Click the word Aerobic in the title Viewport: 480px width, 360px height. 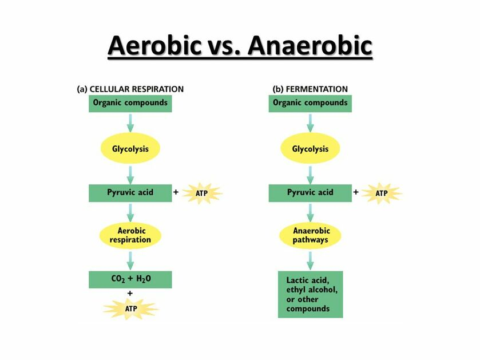pos(154,46)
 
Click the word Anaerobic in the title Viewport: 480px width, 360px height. pos(310,46)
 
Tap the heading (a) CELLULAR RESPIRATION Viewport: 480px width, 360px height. pos(130,89)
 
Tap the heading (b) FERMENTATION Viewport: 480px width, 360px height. pos(310,89)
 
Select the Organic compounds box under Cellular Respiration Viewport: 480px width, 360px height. pos(130,104)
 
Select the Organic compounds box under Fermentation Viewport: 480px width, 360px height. pos(310,104)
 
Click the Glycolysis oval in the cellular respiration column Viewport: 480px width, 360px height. pos(130,148)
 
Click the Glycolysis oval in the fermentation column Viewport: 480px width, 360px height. pos(310,148)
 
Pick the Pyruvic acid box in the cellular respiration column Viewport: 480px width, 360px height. pos(130,193)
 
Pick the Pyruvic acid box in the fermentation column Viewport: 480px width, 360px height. pos(310,193)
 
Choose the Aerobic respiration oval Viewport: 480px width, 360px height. pos(130,235)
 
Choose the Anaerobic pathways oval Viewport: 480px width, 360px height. pos(310,235)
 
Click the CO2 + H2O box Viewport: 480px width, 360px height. pos(130,279)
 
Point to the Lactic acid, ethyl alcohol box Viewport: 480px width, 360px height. pos(311,294)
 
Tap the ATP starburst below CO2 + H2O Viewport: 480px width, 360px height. pos(131,308)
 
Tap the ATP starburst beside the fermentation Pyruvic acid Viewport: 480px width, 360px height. pos(382,193)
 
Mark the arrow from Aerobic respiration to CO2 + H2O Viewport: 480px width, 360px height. pos(130,260)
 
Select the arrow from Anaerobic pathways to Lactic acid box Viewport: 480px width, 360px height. pos(311,260)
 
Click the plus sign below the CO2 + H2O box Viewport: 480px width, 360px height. pos(130,293)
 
